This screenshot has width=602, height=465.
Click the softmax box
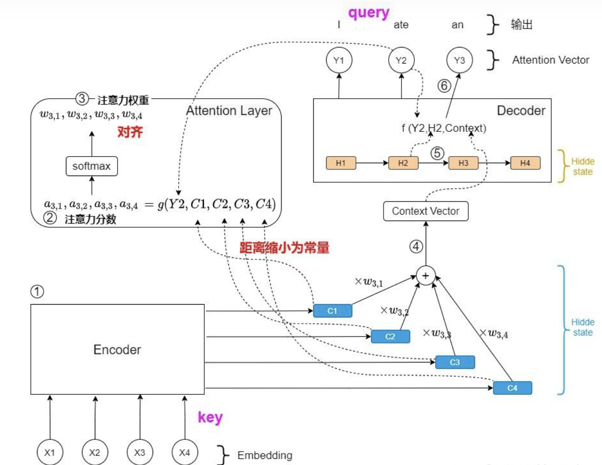click(91, 167)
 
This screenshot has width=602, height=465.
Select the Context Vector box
click(426, 211)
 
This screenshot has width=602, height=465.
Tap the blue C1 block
click(332, 311)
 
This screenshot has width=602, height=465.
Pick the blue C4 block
click(512, 388)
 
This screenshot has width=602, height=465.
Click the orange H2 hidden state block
click(403, 163)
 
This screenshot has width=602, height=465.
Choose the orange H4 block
click(525, 163)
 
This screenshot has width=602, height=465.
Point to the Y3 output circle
click(459, 60)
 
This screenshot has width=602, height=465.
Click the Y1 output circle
click(339, 60)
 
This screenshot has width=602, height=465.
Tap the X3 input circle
click(140, 452)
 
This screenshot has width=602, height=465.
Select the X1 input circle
click(50, 452)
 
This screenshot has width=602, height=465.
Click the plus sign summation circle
click(426, 276)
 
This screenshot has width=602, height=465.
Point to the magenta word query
click(369, 13)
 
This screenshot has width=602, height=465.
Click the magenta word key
click(210, 418)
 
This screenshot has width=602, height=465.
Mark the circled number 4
click(416, 247)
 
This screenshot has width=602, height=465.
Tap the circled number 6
click(444, 86)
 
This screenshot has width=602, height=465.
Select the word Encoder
click(117, 350)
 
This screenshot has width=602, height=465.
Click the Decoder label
click(521, 111)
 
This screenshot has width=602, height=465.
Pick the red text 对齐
click(130, 132)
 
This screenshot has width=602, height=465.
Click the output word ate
click(401, 25)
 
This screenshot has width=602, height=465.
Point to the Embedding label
click(265, 456)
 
